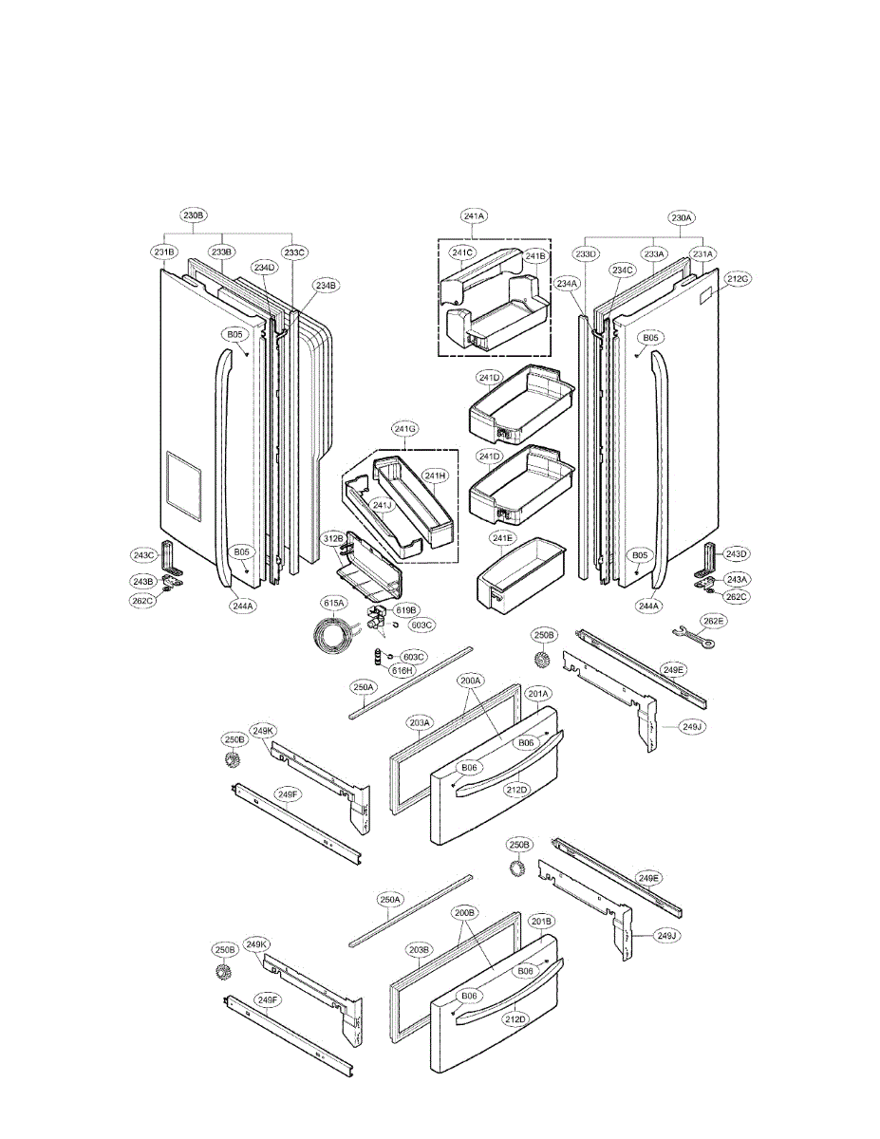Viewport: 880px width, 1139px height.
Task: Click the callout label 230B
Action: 194,216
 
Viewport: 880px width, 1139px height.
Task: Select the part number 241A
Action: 475,216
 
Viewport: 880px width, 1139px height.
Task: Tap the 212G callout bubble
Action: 739,279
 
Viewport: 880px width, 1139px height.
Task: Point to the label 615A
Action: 332,603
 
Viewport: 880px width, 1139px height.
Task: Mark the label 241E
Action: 503,539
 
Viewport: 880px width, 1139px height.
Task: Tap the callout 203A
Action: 421,722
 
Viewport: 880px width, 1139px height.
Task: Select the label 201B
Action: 542,922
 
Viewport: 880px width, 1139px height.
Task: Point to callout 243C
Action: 143,554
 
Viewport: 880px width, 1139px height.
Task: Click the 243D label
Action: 737,553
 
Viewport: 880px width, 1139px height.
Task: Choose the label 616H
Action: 403,671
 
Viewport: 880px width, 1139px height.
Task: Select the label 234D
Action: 265,268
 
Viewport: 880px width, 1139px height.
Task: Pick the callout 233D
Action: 587,253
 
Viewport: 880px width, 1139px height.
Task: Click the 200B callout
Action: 465,912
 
